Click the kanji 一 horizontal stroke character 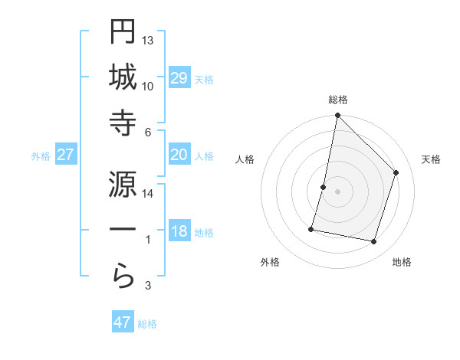coord(123,231)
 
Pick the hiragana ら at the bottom coord(123,277)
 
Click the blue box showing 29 coord(179,77)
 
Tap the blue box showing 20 coord(179,155)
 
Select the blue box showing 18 coord(179,231)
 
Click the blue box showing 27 coord(66,155)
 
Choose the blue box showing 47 coord(123,322)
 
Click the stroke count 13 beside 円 coord(148,40)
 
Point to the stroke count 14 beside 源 coord(148,193)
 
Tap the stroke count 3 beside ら coord(148,286)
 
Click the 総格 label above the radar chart coord(338,100)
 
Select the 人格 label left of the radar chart coord(245,159)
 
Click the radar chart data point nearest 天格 coord(396,172)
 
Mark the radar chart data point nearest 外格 coord(311,228)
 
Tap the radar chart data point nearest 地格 coord(374,241)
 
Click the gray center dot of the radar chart coord(338,191)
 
